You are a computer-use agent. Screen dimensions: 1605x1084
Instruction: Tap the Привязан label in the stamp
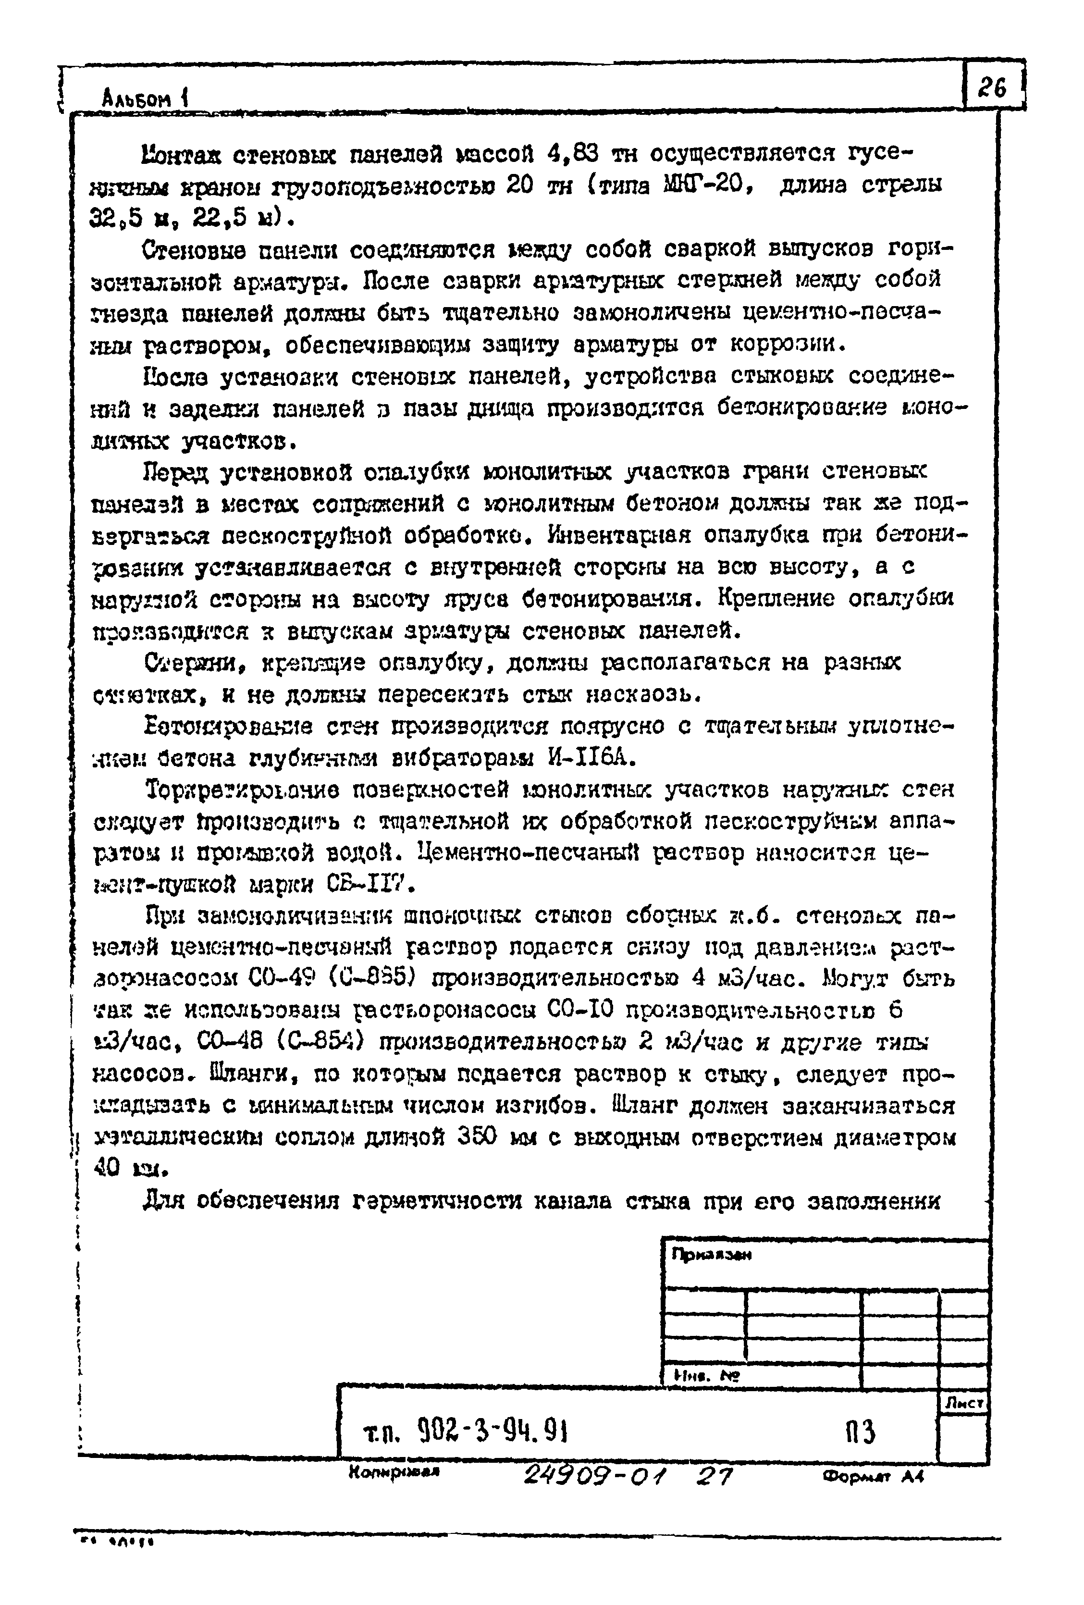(x=711, y=1255)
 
